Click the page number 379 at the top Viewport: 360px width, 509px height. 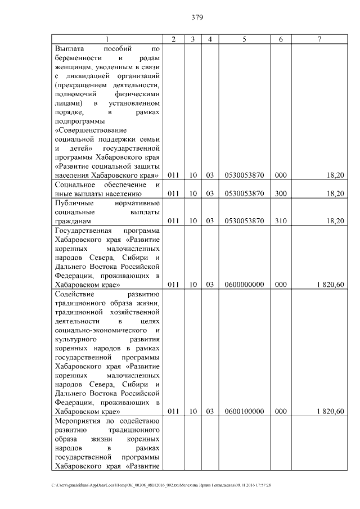[x=196, y=17]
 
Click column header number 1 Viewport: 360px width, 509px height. [x=107, y=39]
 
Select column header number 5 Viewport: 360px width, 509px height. [x=244, y=39]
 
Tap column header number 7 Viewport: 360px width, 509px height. [x=319, y=39]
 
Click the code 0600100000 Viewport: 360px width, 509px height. [x=244, y=411]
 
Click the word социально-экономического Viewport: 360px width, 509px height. [x=100, y=330]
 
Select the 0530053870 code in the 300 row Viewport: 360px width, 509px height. [x=244, y=193]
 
